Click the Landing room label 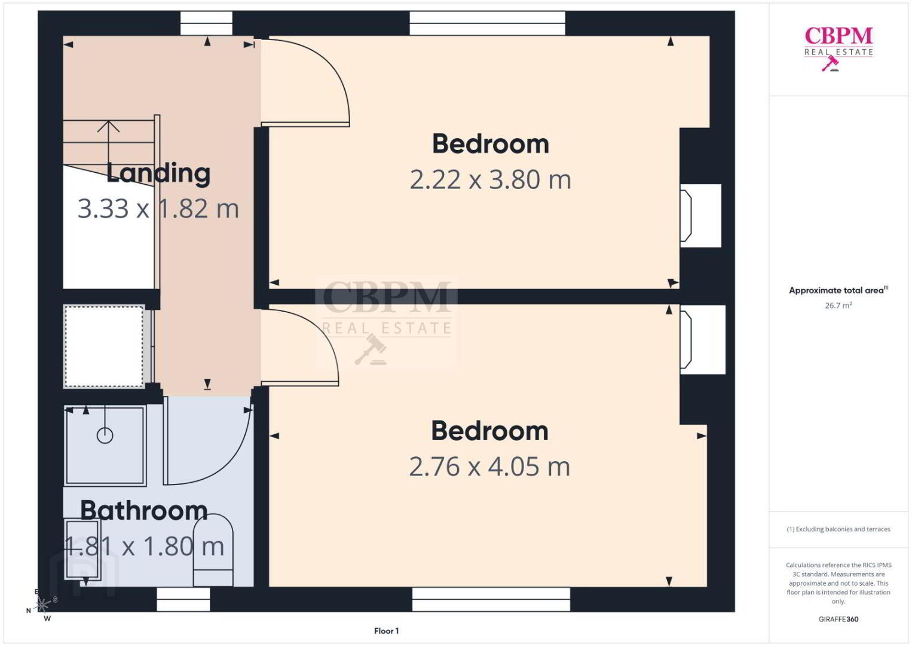click(158, 174)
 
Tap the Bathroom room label click(143, 510)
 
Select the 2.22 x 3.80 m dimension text click(490, 179)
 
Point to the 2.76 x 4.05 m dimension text click(489, 467)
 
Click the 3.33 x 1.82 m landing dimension click(158, 209)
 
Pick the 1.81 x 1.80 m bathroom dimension click(144, 547)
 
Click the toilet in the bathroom click(213, 550)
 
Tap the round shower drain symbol click(105, 435)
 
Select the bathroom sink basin click(82, 549)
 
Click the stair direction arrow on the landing click(109, 142)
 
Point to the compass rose click(42, 604)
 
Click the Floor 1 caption click(387, 631)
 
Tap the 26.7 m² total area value click(838, 305)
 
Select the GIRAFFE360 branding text click(838, 619)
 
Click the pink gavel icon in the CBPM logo click(830, 63)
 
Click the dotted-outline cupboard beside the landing click(105, 346)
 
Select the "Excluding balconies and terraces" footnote click(838, 529)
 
